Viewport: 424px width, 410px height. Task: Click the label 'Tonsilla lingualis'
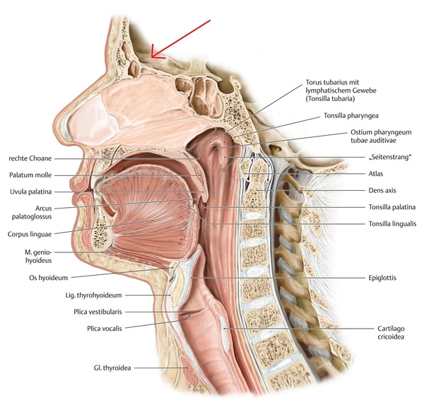[x=387, y=223]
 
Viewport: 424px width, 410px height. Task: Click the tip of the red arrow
[x=152, y=57]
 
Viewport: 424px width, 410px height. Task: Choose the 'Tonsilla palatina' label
[x=387, y=207]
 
